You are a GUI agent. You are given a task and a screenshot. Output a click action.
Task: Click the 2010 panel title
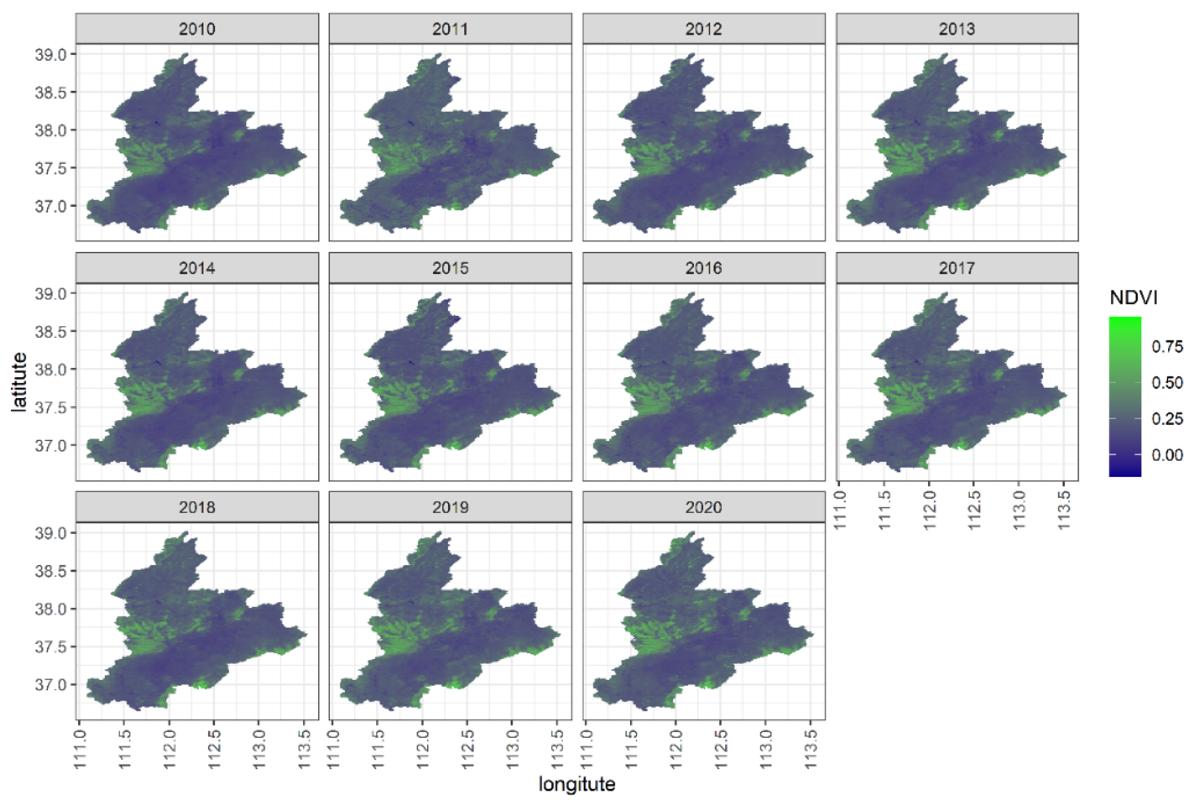(197, 29)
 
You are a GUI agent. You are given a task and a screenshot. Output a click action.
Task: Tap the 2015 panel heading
(450, 268)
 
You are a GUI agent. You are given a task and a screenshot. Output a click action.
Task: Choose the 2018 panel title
(197, 507)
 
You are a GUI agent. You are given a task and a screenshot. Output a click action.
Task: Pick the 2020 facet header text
(704, 507)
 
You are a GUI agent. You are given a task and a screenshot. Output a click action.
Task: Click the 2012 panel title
(704, 29)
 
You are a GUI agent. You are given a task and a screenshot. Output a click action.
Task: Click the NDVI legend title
(1133, 298)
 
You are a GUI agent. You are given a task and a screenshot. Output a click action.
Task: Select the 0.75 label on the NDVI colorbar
(1167, 346)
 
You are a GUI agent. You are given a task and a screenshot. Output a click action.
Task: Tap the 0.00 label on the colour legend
(1167, 455)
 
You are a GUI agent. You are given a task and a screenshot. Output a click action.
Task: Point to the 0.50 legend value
(1167, 382)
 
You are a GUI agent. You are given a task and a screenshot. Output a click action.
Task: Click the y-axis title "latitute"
(20, 382)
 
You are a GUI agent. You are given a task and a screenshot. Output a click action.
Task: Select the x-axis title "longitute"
(576, 784)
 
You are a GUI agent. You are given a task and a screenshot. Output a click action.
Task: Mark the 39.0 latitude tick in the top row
(51, 54)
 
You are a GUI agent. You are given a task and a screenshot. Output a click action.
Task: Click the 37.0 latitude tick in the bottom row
(51, 684)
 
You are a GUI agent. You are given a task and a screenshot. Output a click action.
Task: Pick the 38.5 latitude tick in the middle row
(51, 331)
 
